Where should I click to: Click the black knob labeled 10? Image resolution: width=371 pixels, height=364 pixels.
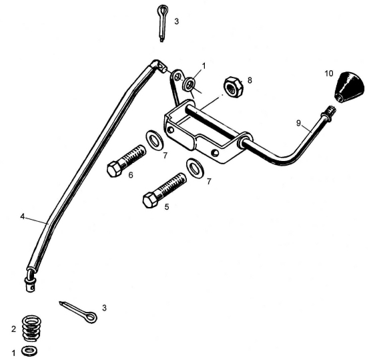[x=350, y=87]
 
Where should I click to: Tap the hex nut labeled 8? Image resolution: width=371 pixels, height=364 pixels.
[x=234, y=87]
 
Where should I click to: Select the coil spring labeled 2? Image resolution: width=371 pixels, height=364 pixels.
[x=32, y=328]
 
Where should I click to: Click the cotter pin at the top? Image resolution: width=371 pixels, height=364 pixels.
[x=162, y=23]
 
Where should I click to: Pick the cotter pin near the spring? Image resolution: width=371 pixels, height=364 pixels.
[x=78, y=311]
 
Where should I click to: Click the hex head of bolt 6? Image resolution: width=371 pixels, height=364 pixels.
[x=115, y=169]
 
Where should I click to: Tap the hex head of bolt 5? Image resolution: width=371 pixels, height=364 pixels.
[x=151, y=200]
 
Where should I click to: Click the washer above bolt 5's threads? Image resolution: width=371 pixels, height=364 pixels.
[x=196, y=168]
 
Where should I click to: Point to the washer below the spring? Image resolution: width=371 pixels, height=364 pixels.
[x=29, y=351]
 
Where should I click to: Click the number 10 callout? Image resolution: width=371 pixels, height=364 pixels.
[x=329, y=73]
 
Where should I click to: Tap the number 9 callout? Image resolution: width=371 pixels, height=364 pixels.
[x=298, y=123]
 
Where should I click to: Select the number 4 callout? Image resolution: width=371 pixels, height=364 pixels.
[x=23, y=216]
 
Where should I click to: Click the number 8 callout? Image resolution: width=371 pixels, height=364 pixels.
[x=250, y=80]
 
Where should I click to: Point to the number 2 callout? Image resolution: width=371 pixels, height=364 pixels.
[x=14, y=329]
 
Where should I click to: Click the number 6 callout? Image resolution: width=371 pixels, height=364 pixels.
[x=131, y=175]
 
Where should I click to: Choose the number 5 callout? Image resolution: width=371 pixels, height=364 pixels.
[x=167, y=207]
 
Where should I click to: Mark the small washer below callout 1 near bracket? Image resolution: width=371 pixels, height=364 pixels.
[x=189, y=84]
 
